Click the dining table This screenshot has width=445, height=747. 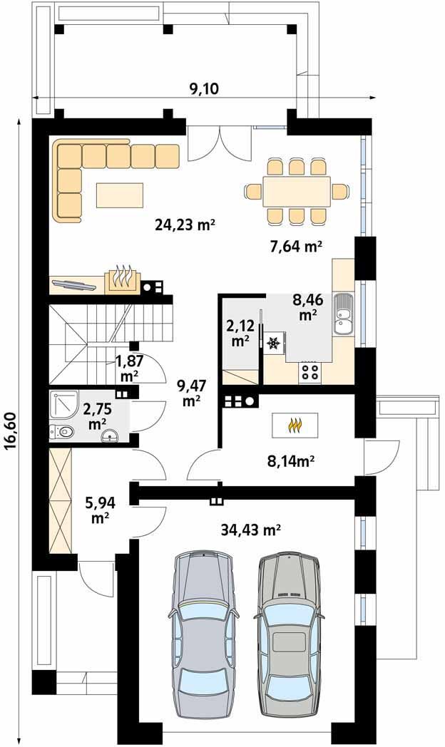(x=297, y=192)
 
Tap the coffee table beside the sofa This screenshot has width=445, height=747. (x=120, y=195)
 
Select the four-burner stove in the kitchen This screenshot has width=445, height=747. (x=310, y=371)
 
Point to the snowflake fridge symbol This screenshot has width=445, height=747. (x=273, y=343)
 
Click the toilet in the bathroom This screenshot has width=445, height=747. (x=62, y=432)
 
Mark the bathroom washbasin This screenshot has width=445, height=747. (x=110, y=435)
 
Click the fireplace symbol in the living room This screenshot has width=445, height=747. (x=123, y=278)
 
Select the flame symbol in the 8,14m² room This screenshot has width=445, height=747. (x=295, y=425)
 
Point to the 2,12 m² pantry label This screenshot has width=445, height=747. (x=240, y=334)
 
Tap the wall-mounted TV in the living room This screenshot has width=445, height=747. (x=75, y=284)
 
